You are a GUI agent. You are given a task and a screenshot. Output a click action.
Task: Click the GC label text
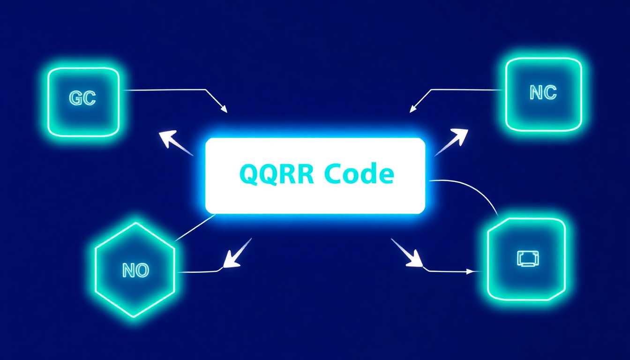click(82, 98)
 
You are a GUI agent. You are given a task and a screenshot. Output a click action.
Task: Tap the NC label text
click(543, 93)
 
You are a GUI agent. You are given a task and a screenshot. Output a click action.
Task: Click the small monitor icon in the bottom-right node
click(527, 259)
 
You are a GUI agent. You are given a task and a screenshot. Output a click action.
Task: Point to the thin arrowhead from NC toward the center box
click(413, 109)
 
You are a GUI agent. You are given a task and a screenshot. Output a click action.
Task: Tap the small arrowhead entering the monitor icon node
click(470, 271)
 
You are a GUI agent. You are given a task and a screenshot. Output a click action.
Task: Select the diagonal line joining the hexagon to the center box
click(195, 228)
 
